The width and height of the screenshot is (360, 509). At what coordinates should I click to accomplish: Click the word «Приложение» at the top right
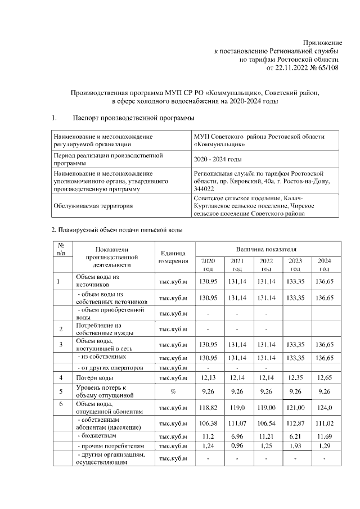click(322, 43)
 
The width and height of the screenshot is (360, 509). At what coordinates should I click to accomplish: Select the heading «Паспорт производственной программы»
click(134, 118)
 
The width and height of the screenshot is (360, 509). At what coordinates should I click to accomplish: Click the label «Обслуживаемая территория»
click(93, 206)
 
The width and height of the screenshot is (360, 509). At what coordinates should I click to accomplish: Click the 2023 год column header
click(295, 264)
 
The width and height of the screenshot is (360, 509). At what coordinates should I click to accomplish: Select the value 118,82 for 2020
click(208, 407)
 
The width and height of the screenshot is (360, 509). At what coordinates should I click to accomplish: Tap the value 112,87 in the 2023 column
click(295, 422)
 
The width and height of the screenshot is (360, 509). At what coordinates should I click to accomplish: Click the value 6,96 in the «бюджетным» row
click(237, 435)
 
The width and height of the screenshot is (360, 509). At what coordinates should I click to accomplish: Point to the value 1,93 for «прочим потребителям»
click(295, 446)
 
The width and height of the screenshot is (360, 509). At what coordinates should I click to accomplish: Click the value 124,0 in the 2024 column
click(324, 407)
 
